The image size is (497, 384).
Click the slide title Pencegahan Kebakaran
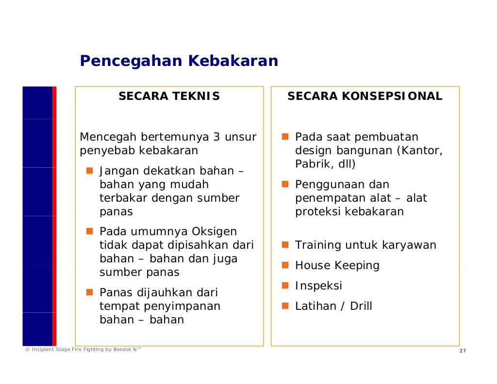click(179, 61)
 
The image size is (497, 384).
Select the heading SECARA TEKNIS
click(169, 96)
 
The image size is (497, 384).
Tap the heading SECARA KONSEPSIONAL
click(364, 96)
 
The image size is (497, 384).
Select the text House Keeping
click(337, 265)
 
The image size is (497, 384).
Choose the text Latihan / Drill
click(333, 306)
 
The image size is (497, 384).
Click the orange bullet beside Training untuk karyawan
click(285, 245)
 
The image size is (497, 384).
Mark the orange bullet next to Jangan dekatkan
click(90, 171)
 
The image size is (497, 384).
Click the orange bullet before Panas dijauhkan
click(90, 292)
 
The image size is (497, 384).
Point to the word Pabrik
click(311, 164)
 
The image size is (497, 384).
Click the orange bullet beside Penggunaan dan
click(285, 184)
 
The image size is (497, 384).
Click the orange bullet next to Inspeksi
click(285, 286)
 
